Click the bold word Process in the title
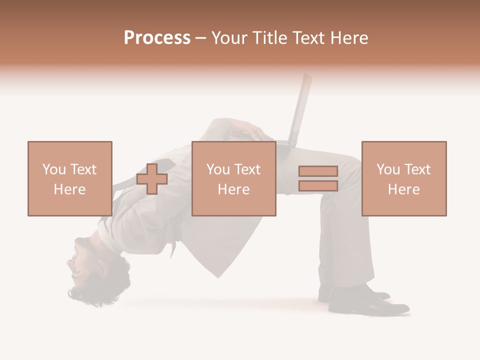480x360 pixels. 157,38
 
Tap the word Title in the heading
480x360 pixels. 270,38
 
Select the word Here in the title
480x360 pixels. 347,38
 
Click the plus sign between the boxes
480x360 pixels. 152,178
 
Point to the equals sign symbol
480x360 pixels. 318,178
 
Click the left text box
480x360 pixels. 70,178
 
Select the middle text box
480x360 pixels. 234,178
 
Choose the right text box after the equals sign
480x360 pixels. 404,178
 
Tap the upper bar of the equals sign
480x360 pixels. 318,171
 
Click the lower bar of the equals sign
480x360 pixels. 318,185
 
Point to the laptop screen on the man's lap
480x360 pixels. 301,107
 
